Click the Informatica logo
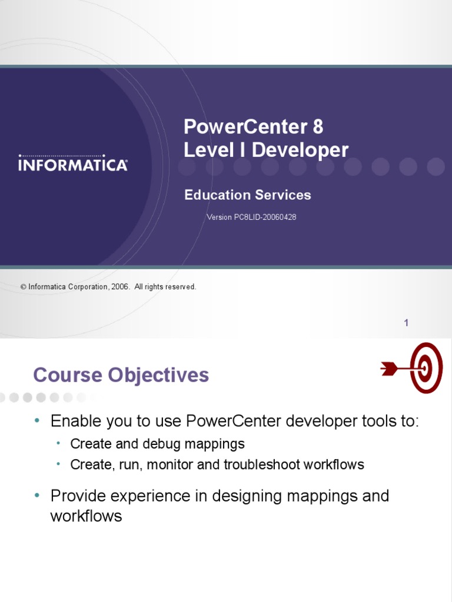point(73,163)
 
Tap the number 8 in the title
point(317,127)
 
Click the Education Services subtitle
point(247,195)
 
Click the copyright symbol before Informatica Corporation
point(24,287)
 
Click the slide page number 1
point(406,322)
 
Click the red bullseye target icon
point(426,368)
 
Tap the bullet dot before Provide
point(37,496)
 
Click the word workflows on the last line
point(86,516)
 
